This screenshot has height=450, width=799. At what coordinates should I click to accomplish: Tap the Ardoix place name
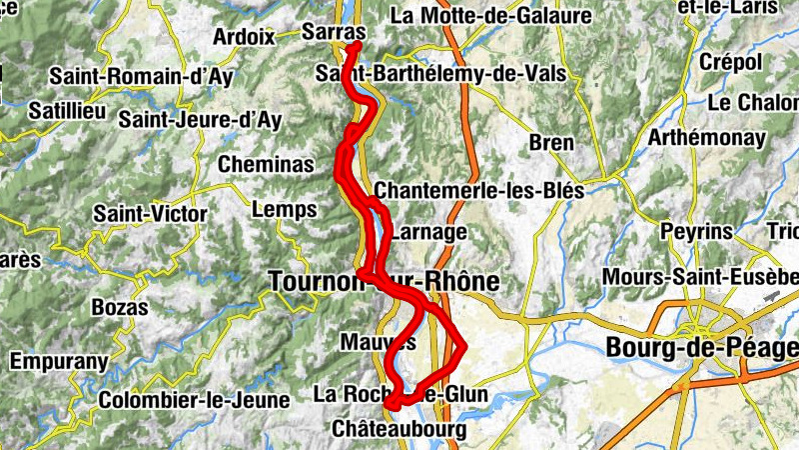[243, 37]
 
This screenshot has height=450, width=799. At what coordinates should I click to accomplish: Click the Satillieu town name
[68, 111]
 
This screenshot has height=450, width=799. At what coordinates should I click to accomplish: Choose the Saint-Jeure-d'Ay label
[200, 120]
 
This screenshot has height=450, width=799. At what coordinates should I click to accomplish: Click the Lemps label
[285, 210]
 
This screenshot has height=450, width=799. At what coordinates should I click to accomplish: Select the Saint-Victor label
[150, 214]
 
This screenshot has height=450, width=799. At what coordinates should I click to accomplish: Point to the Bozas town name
[119, 307]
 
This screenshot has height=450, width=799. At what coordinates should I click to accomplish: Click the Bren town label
[551, 143]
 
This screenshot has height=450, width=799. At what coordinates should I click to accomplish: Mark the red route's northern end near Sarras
[356, 45]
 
